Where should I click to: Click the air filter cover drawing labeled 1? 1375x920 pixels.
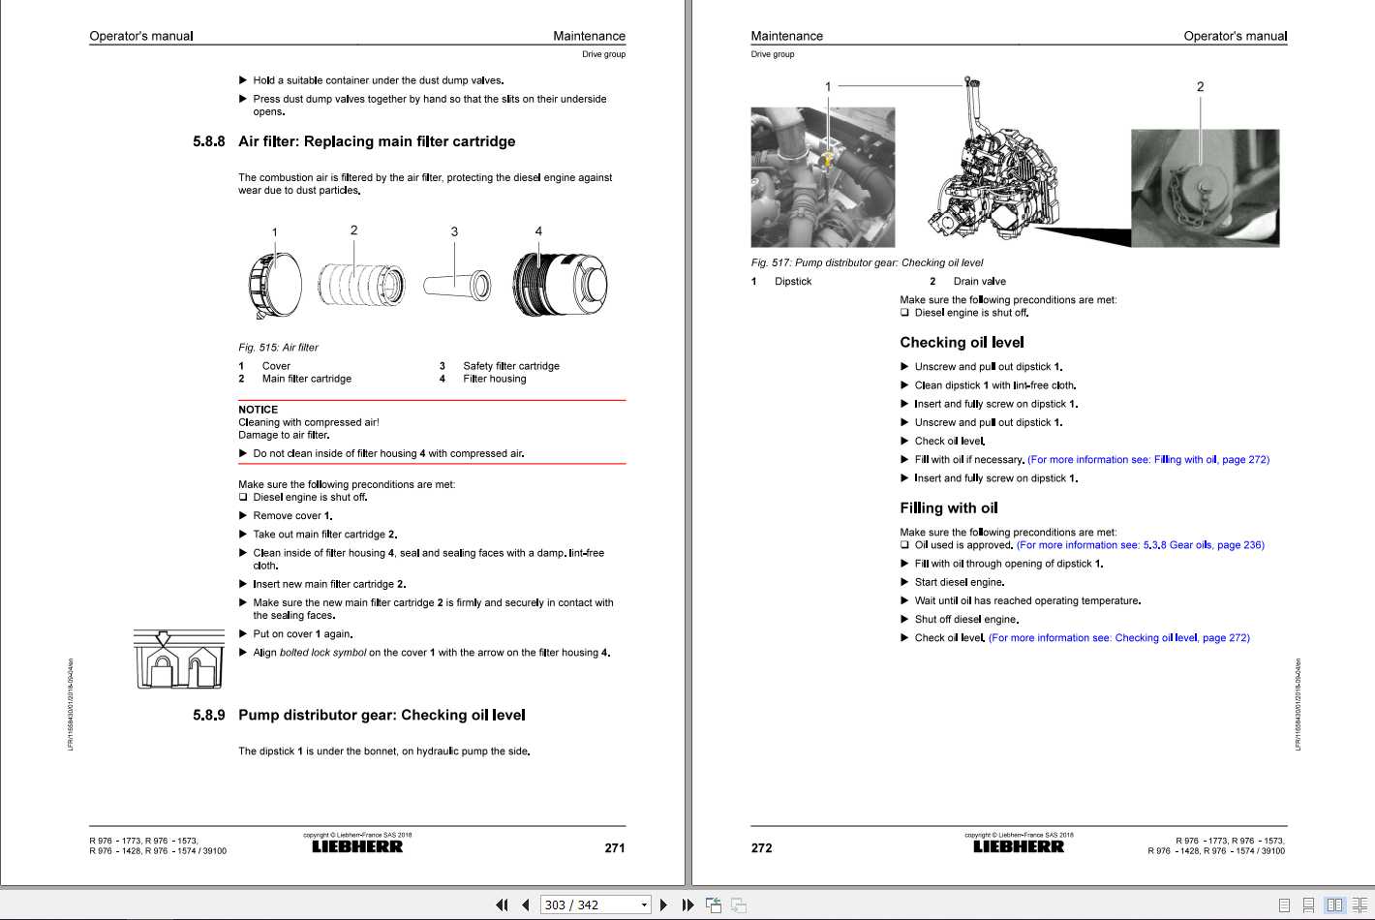pyautogui.click(x=275, y=284)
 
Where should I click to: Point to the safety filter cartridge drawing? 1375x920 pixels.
pyautogui.click(x=457, y=285)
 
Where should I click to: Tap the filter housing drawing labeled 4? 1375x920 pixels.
pyautogui.click(x=559, y=284)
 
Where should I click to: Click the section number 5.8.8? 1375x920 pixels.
pyautogui.click(x=208, y=141)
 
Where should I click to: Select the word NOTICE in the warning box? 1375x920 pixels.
pyautogui.click(x=258, y=410)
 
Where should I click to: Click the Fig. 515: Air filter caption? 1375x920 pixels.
pyautogui.click(x=278, y=348)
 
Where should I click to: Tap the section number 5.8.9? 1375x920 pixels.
pyautogui.click(x=208, y=716)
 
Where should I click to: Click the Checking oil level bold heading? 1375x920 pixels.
pyautogui.click(x=962, y=343)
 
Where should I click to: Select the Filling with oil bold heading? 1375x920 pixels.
pyautogui.click(x=948, y=508)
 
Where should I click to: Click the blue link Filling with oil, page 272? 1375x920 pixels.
pyautogui.click(x=1147, y=460)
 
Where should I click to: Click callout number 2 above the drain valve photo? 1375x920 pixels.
pyautogui.click(x=1200, y=87)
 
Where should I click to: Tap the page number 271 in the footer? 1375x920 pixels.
pyautogui.click(x=614, y=848)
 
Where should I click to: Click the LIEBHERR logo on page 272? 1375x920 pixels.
pyautogui.click(x=1018, y=847)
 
